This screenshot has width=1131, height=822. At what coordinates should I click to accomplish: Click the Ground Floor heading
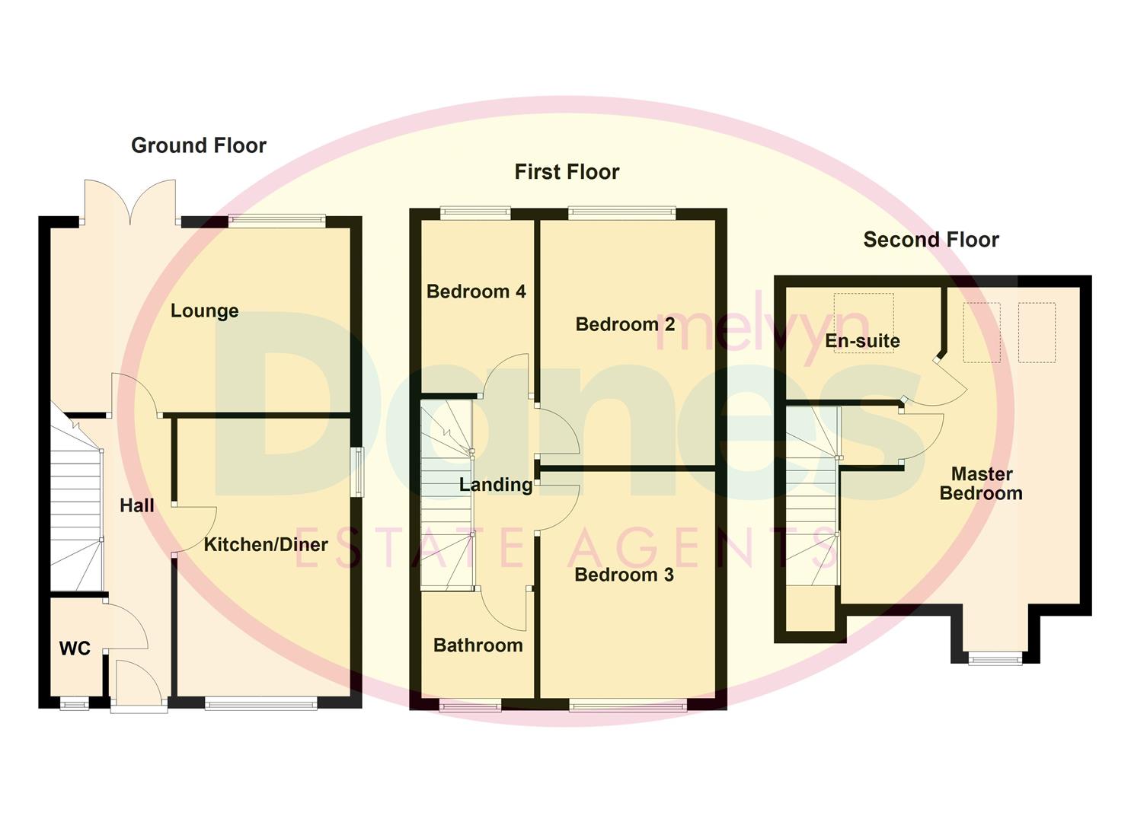coord(199,145)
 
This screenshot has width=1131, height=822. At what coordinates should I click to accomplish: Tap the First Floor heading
coord(567,172)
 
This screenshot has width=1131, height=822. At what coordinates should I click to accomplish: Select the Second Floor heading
coord(931,240)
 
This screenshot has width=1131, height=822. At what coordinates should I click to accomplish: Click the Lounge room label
coord(204,311)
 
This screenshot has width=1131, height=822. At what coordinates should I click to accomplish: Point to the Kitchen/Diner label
coord(266,544)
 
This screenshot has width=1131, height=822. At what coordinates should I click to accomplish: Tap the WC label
coord(75,648)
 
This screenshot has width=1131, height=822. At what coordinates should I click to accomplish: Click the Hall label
coord(137,505)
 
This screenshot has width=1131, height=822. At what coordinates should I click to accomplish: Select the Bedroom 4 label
coord(476,292)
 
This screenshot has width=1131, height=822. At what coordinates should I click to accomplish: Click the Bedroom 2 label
coord(625,325)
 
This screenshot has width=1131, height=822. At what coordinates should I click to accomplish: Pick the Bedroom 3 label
coord(624,575)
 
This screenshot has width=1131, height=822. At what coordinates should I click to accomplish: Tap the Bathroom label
coord(478,645)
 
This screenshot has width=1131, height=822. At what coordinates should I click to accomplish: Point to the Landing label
coord(496,485)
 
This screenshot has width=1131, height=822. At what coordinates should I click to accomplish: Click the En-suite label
coord(862,340)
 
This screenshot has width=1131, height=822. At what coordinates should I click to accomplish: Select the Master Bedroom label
coord(981,483)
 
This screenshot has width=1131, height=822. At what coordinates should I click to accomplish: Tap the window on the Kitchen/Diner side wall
coord(357,472)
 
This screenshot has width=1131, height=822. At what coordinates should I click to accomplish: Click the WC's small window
coord(74,705)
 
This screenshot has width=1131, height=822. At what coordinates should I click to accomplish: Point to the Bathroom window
coord(470,706)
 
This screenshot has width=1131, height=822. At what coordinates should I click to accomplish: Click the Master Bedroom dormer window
coord(995,658)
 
